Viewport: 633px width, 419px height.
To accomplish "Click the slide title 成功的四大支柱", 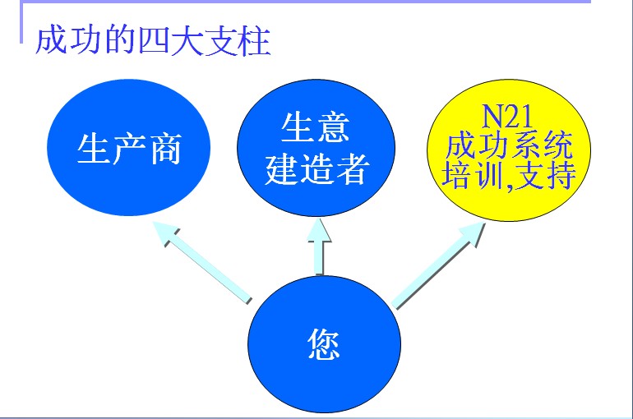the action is coord(153,41).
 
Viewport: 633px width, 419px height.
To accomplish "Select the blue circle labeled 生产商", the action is coord(129,148).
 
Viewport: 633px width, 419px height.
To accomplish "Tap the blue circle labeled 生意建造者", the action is coord(316,148).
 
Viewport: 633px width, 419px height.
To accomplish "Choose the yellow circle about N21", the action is coord(509,150).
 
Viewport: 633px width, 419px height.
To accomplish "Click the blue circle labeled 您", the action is coord(324,344).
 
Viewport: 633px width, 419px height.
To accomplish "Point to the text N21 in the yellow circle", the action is coord(508,117).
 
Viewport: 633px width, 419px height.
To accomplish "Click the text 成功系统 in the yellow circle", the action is coord(509,145).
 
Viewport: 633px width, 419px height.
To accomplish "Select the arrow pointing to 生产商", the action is coord(202,261).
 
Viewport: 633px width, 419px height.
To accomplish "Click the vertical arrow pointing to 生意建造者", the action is coord(319,246).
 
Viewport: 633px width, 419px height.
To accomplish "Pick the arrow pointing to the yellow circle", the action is coord(439,265).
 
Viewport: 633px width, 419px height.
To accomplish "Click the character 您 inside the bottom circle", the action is coord(324,343).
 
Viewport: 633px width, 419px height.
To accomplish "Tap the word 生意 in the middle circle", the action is coord(316,127).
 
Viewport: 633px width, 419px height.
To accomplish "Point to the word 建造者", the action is coord(316,170).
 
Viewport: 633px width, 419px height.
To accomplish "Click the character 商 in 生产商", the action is coord(166,149).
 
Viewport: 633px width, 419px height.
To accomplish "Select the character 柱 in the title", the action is coord(254,41).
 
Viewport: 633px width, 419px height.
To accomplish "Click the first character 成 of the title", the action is coord(51,40).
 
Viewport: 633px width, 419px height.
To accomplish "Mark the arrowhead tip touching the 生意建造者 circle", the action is coord(320,219).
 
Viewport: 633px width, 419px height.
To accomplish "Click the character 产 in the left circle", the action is coord(129,149).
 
